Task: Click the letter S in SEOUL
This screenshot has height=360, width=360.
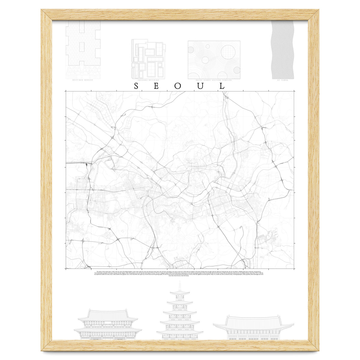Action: coord(136,86)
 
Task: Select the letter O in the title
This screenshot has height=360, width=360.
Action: coord(178,86)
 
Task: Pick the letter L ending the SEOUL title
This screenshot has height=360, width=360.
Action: coord(222,86)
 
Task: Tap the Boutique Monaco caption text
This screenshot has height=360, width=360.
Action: coord(83,80)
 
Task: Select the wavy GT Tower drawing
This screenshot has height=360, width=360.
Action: coord(283,49)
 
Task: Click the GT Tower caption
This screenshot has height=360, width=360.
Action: coord(283,80)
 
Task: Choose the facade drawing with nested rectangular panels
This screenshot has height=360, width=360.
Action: coord(148,59)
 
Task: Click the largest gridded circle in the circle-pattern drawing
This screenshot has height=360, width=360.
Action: coord(227,52)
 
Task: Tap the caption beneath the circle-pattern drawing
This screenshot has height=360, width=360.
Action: coord(214,80)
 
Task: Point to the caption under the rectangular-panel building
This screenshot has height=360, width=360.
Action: coord(148,80)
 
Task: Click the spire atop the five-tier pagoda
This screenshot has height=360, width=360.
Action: coord(180,285)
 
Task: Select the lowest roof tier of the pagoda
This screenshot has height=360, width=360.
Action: coord(180,332)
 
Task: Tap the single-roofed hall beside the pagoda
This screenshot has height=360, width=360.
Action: coord(253,327)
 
